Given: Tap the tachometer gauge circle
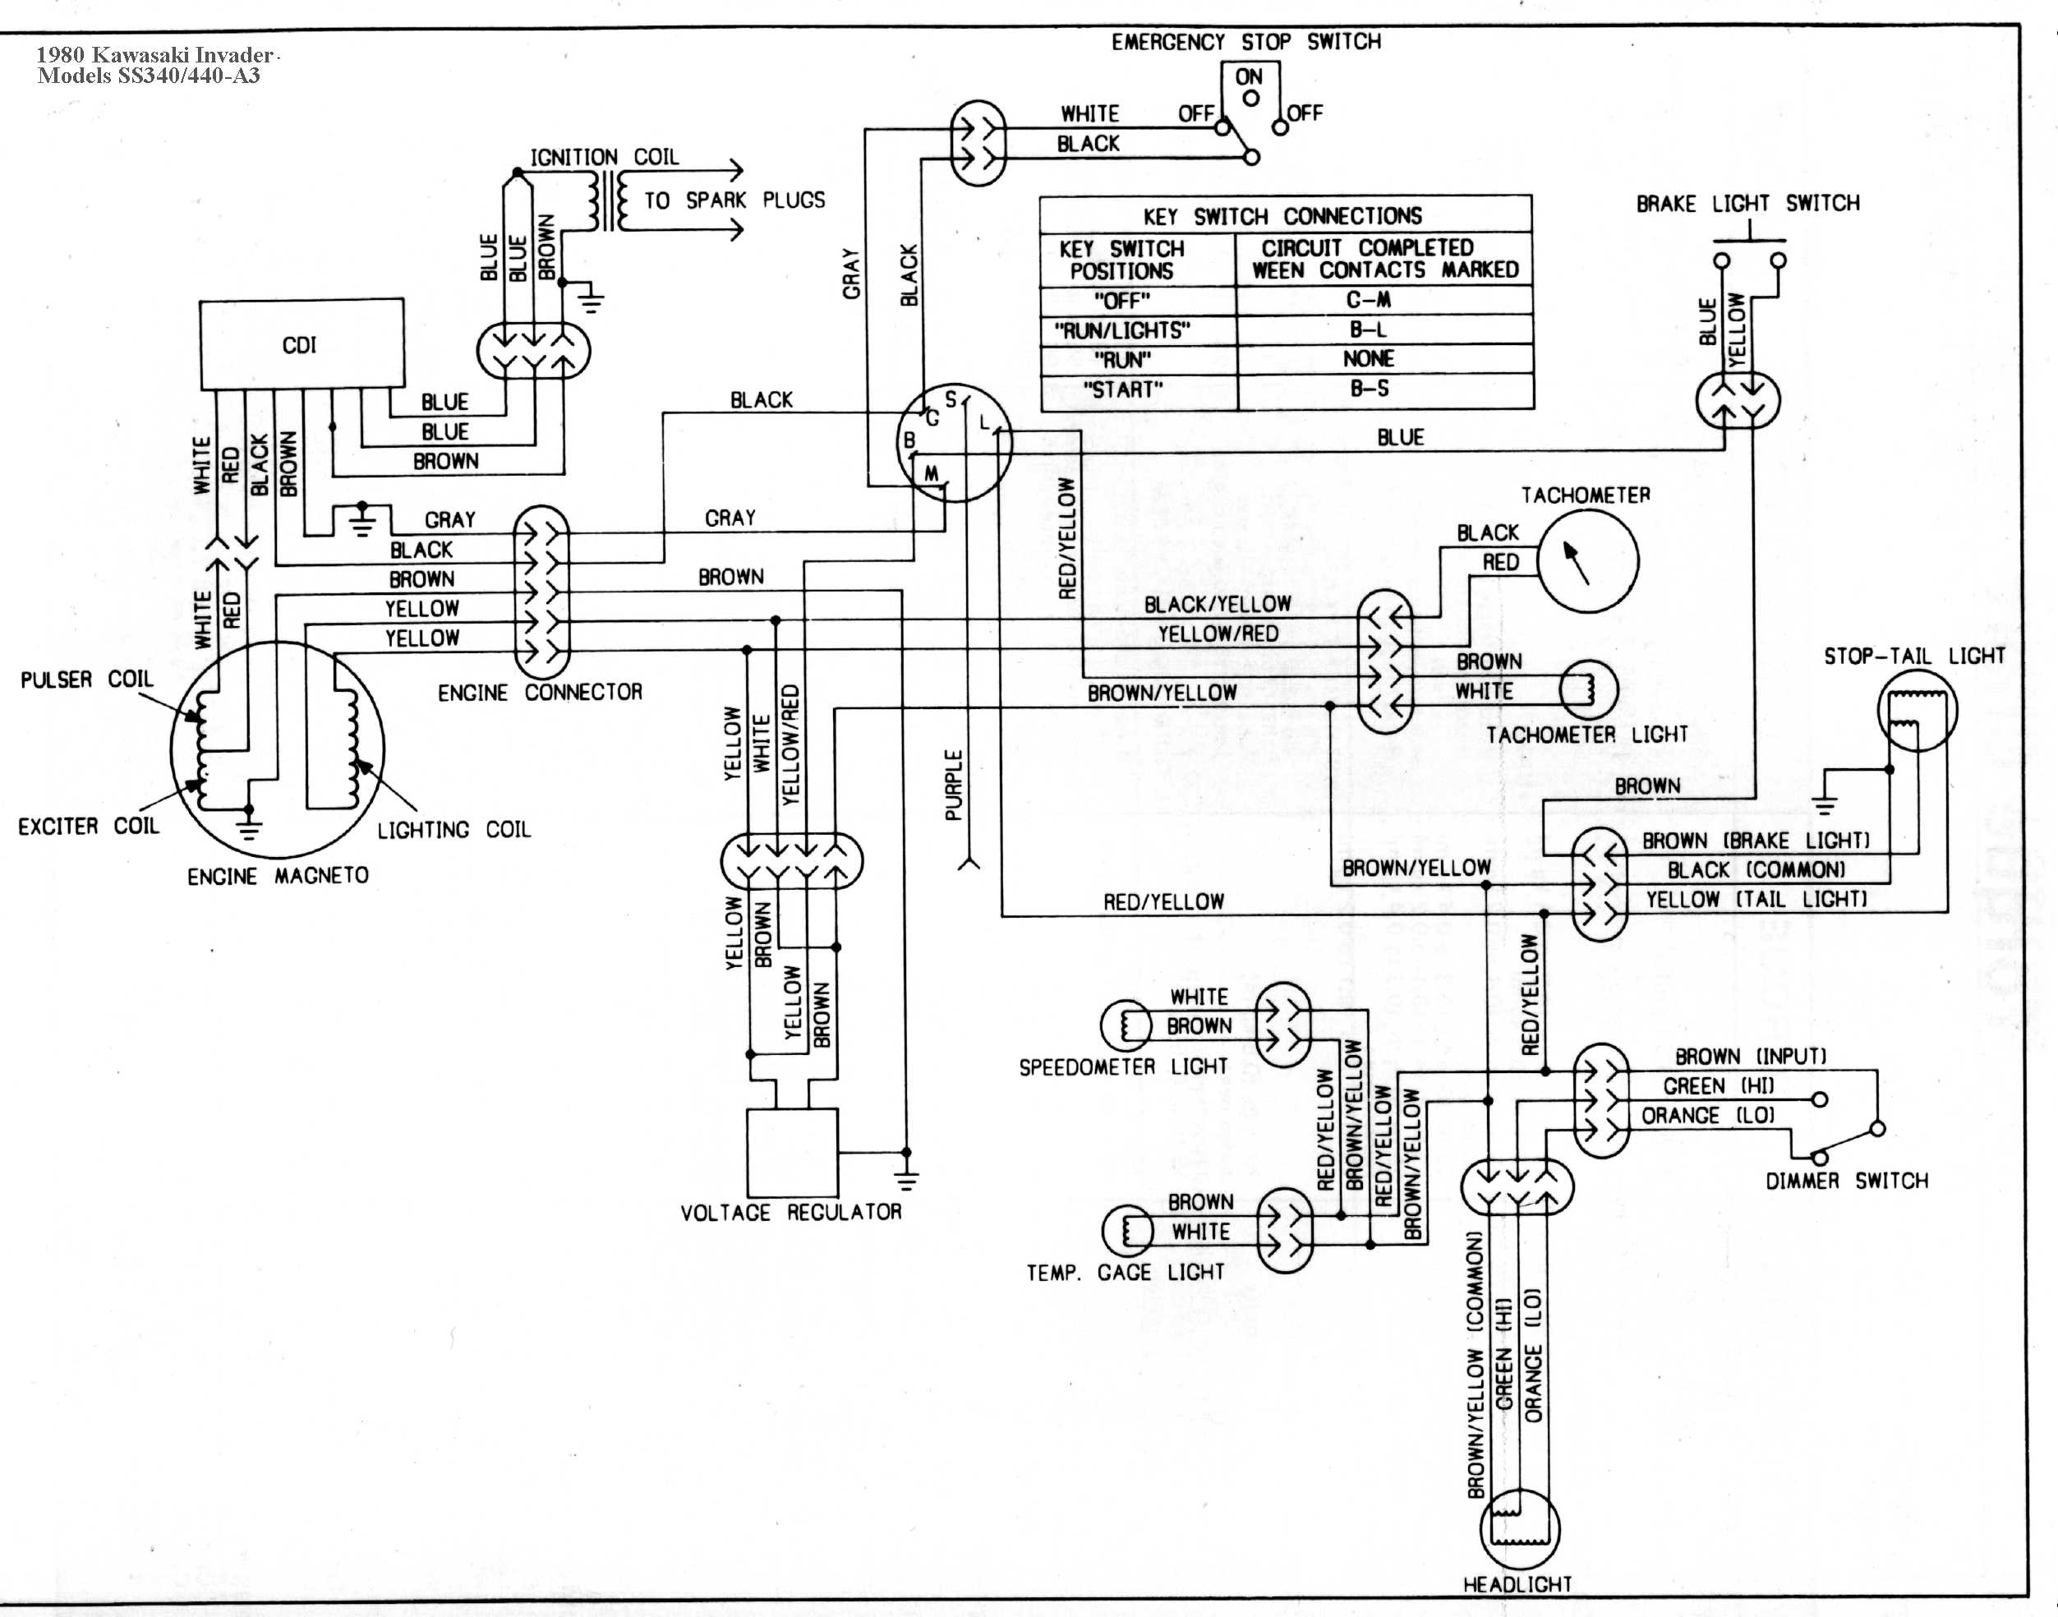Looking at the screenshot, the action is click(1587, 560).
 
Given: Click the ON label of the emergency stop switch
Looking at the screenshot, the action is click(1249, 76).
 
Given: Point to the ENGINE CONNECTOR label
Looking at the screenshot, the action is click(540, 693).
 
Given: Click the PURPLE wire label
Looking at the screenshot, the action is click(954, 785).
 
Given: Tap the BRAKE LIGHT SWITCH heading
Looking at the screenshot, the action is click(1748, 204).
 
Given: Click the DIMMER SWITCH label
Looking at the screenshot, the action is click(1847, 1181).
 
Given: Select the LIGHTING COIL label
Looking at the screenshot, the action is click(454, 831).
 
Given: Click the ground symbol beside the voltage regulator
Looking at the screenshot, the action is click(906, 1180).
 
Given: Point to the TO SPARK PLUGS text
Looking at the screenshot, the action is click(734, 200).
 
